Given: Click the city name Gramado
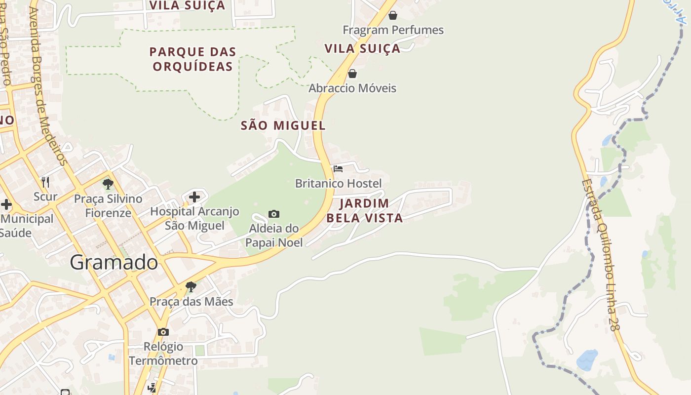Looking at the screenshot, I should pos(114,262).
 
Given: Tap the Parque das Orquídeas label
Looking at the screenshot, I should pos(192,59).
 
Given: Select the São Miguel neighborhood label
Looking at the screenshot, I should pos(283,125).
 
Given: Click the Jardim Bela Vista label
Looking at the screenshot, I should pos(364,210).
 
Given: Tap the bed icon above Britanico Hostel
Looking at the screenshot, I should pos(338,169).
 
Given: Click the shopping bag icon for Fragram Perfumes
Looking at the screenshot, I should pos(393,15).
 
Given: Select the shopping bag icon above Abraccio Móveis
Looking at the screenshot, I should pos(352,74).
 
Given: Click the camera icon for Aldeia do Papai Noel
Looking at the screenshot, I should pos(274,214).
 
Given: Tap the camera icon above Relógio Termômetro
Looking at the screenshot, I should pos(163,332).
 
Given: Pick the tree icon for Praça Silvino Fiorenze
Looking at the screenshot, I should pos(108,184).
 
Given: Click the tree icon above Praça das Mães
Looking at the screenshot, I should pos(191,286).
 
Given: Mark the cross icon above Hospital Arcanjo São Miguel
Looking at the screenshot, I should pos(194,197).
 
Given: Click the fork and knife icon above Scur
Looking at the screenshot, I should pos(45,182).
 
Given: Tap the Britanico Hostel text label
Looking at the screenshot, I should pos(338,184).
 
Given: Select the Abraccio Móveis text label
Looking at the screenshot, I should pos(352,88).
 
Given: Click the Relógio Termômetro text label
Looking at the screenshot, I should pos(163,354).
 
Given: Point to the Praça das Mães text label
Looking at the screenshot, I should pos(191,301).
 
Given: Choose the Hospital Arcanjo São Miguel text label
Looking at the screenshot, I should pos(194,218).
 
